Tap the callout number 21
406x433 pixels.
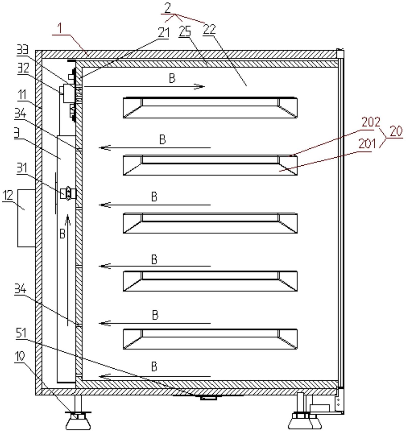[163, 33]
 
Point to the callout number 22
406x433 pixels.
[209, 29]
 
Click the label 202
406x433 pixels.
[371, 122]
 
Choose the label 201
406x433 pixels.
[367, 144]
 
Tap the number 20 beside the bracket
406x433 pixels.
[396, 131]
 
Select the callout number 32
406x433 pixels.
[23, 68]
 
